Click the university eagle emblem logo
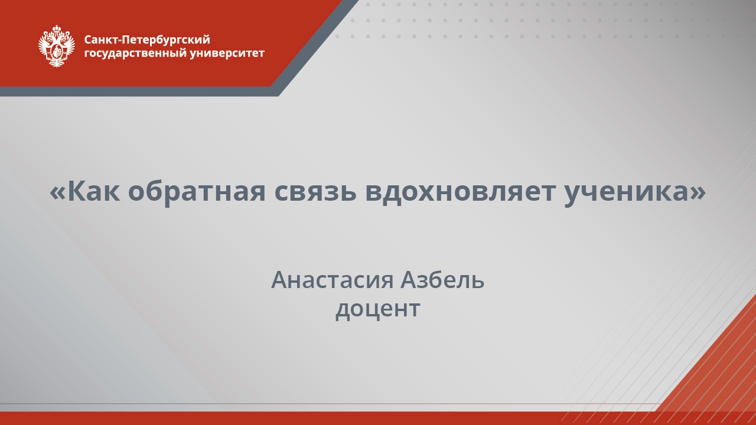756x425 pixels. coord(57,45)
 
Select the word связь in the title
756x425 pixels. coord(315,191)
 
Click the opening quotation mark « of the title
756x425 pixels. coord(58,192)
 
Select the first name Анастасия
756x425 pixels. coord(332,280)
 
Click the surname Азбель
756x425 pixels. coord(442,280)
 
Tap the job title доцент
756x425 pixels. coord(377,309)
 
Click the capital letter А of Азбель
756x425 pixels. coord(409,280)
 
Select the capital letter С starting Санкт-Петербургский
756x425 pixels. coord(88,40)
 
